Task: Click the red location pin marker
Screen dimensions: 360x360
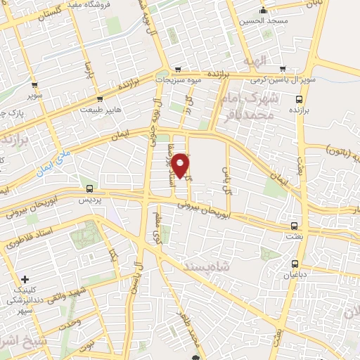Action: (181, 165)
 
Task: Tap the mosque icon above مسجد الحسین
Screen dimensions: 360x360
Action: (263, 11)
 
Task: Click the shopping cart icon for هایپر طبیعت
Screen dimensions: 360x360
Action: (101, 99)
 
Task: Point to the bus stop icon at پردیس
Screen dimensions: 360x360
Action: (89, 188)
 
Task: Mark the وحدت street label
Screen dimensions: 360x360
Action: (70, 325)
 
